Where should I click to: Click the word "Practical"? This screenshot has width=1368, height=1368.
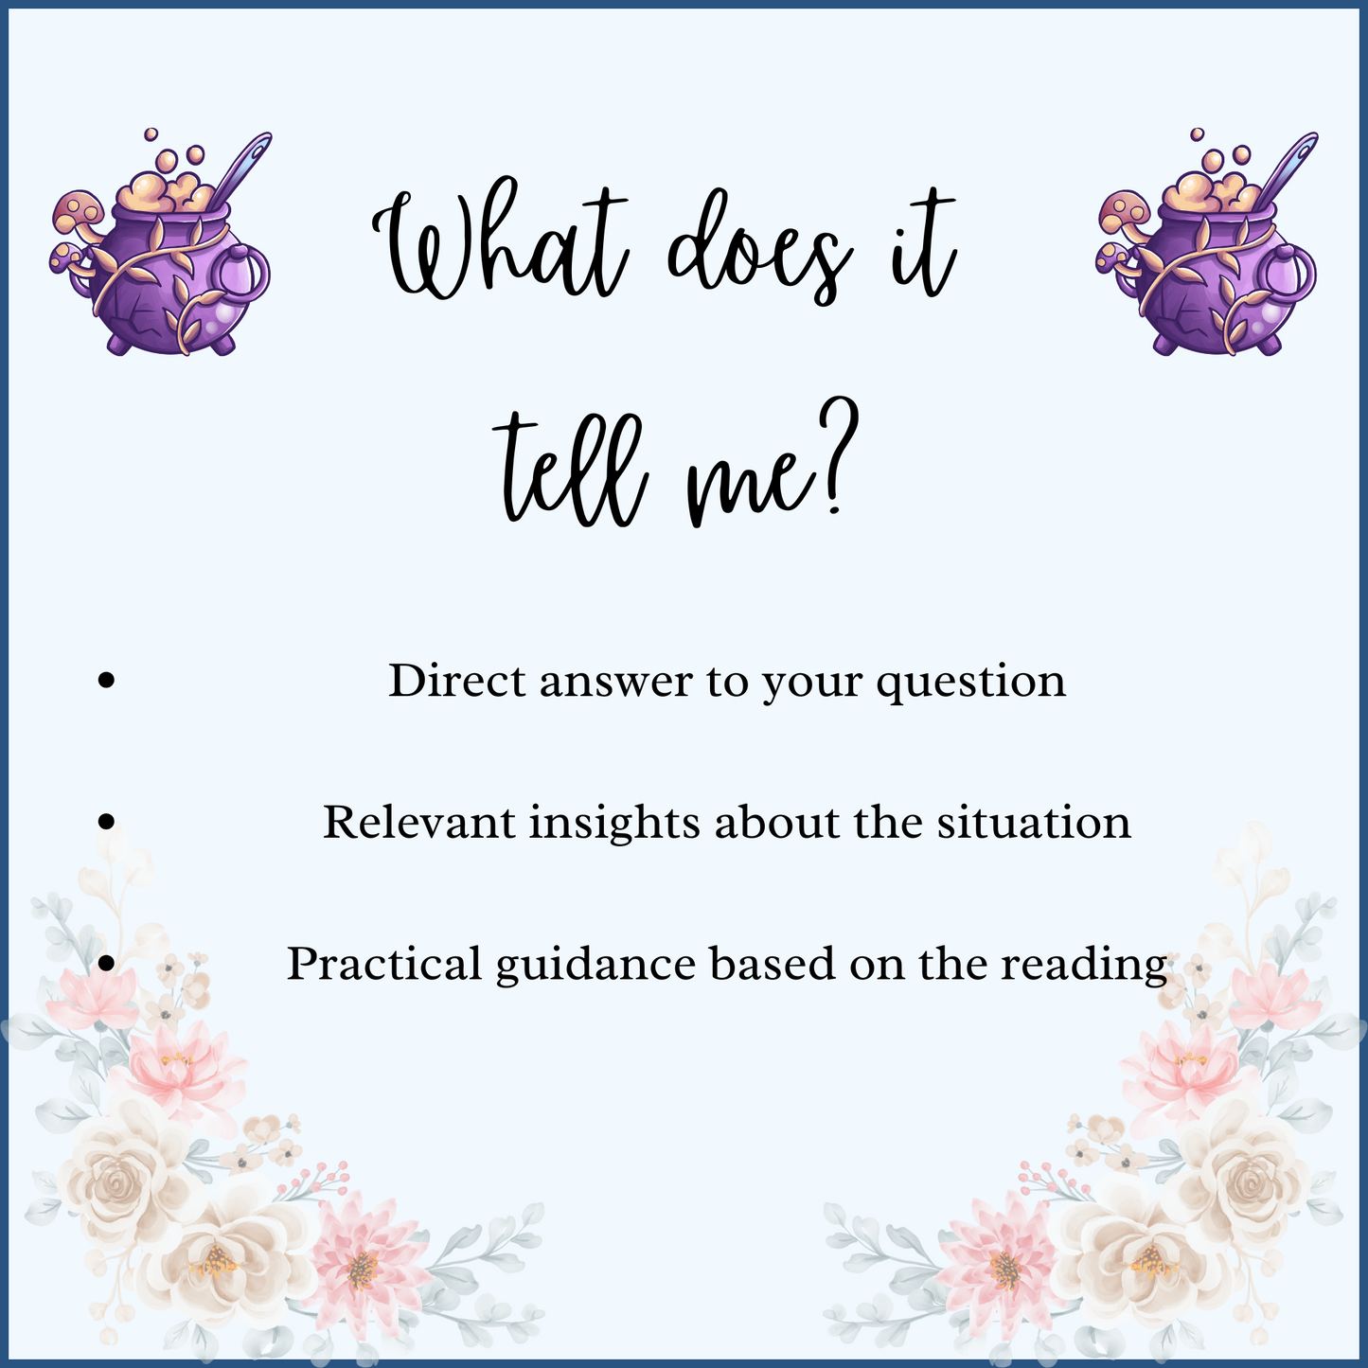[x=384, y=964]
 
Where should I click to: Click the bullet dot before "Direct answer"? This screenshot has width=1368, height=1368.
[x=107, y=680]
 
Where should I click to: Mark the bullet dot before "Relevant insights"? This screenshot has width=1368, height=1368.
[x=107, y=821]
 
